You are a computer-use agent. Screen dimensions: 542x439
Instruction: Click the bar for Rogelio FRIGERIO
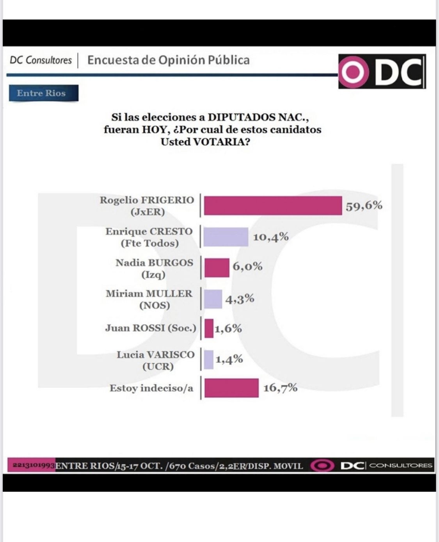coord(273,205)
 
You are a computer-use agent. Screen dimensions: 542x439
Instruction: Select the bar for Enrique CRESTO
coord(226,237)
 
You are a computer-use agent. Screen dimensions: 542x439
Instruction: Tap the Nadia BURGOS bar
coord(217,267)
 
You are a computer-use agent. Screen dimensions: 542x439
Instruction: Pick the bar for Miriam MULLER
coord(213,299)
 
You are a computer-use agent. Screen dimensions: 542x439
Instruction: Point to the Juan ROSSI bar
coord(209,328)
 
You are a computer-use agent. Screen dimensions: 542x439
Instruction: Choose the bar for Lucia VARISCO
coord(209,360)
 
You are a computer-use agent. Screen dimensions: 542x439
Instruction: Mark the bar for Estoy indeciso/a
coord(231,388)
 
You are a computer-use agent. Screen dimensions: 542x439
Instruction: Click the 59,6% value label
coord(364,205)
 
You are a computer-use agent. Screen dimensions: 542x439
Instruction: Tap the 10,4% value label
coord(271,237)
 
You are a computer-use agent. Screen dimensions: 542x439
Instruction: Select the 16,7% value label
coord(280,388)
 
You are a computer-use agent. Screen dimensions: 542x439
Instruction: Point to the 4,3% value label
coord(240,299)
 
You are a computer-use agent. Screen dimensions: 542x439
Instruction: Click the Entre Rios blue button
coord(43,93)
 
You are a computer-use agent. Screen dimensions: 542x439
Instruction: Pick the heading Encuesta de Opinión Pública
coord(168,60)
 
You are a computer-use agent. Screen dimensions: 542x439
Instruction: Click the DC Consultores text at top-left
coord(41,60)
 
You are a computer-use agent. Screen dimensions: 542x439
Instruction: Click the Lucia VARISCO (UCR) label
coord(155,360)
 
